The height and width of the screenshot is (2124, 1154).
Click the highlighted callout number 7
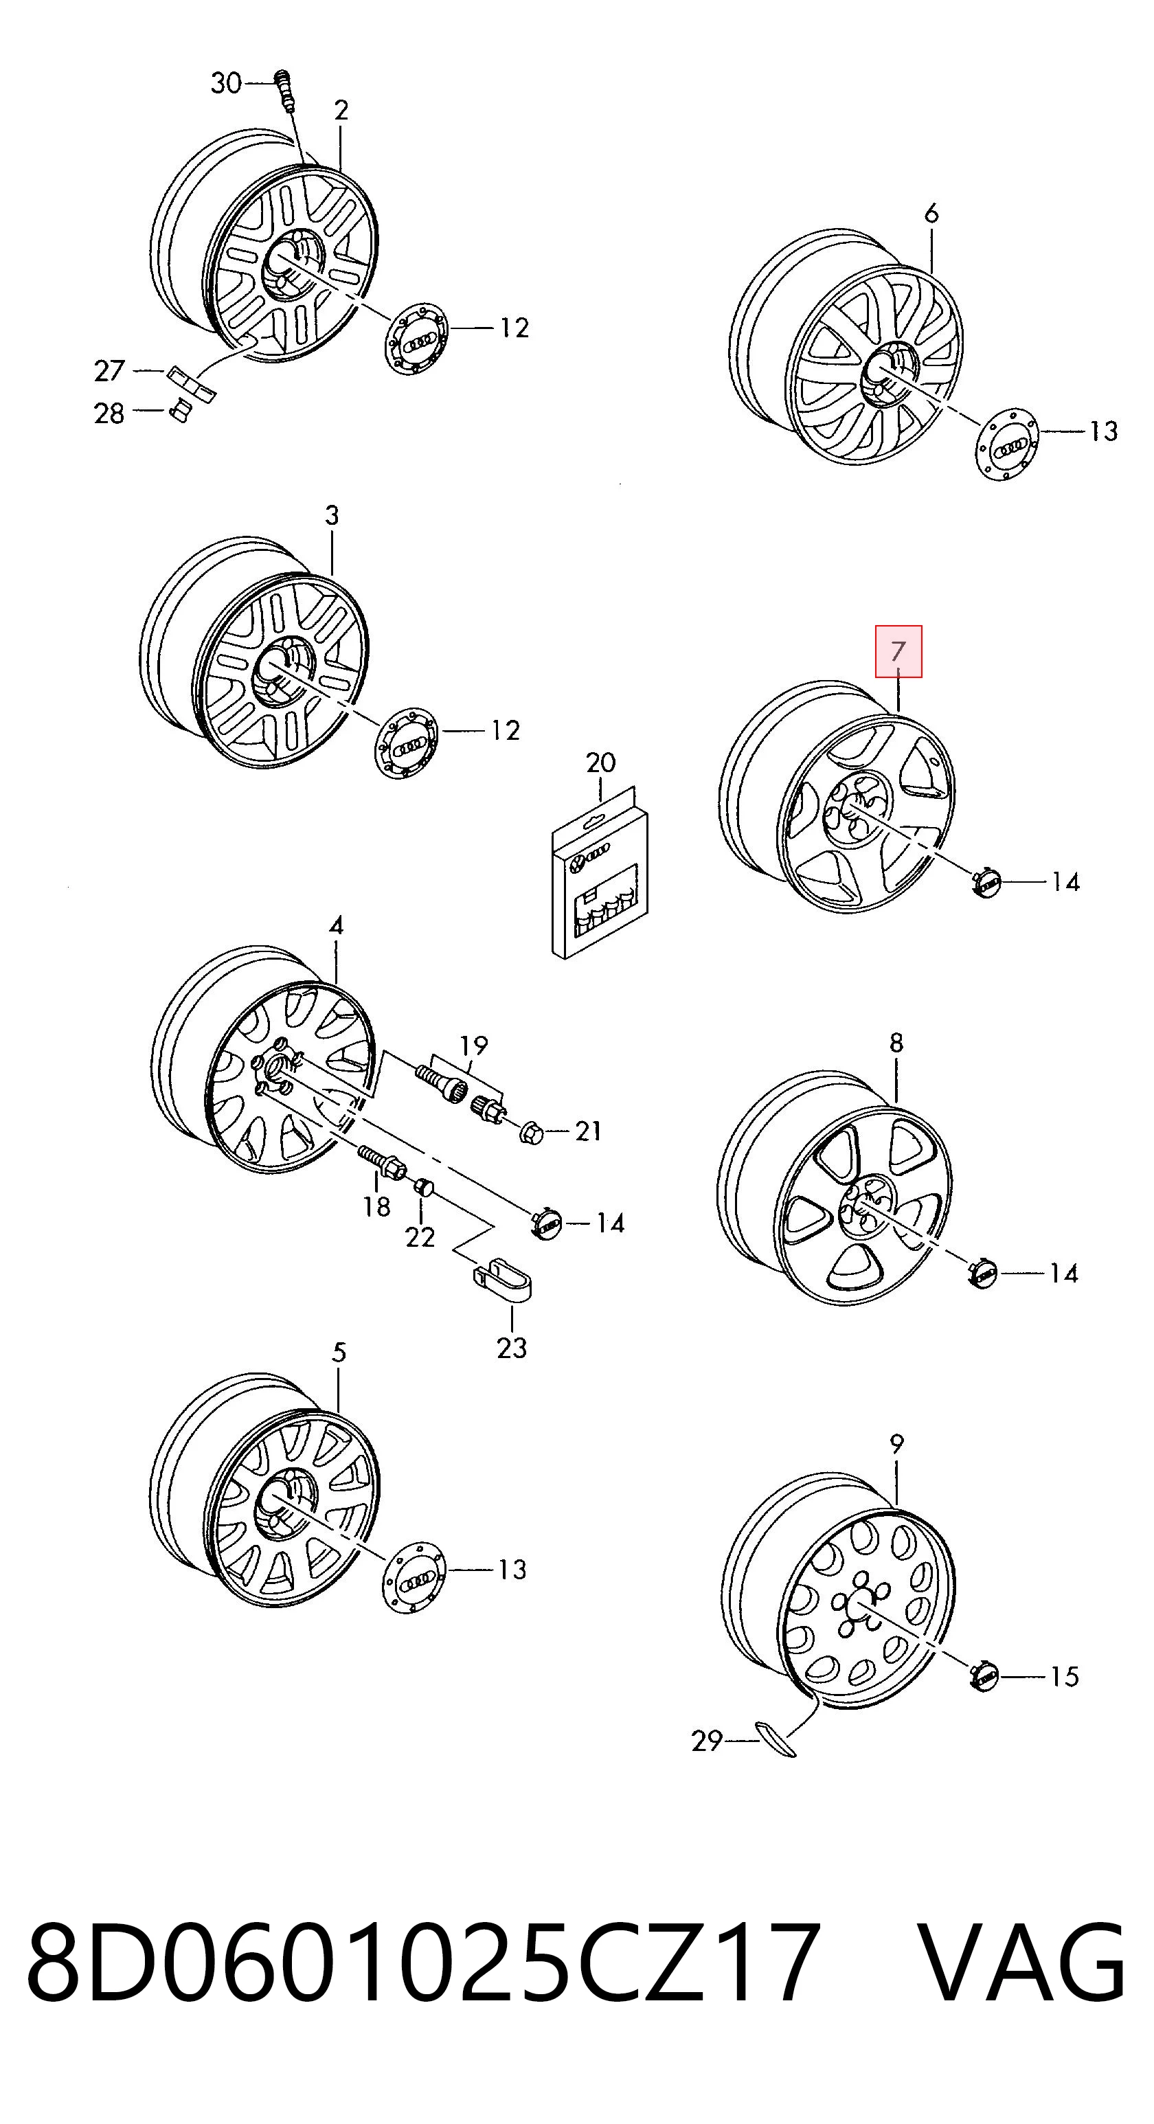click(898, 651)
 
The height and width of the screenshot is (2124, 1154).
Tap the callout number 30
click(226, 83)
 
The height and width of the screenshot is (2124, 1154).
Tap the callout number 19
click(473, 1046)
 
